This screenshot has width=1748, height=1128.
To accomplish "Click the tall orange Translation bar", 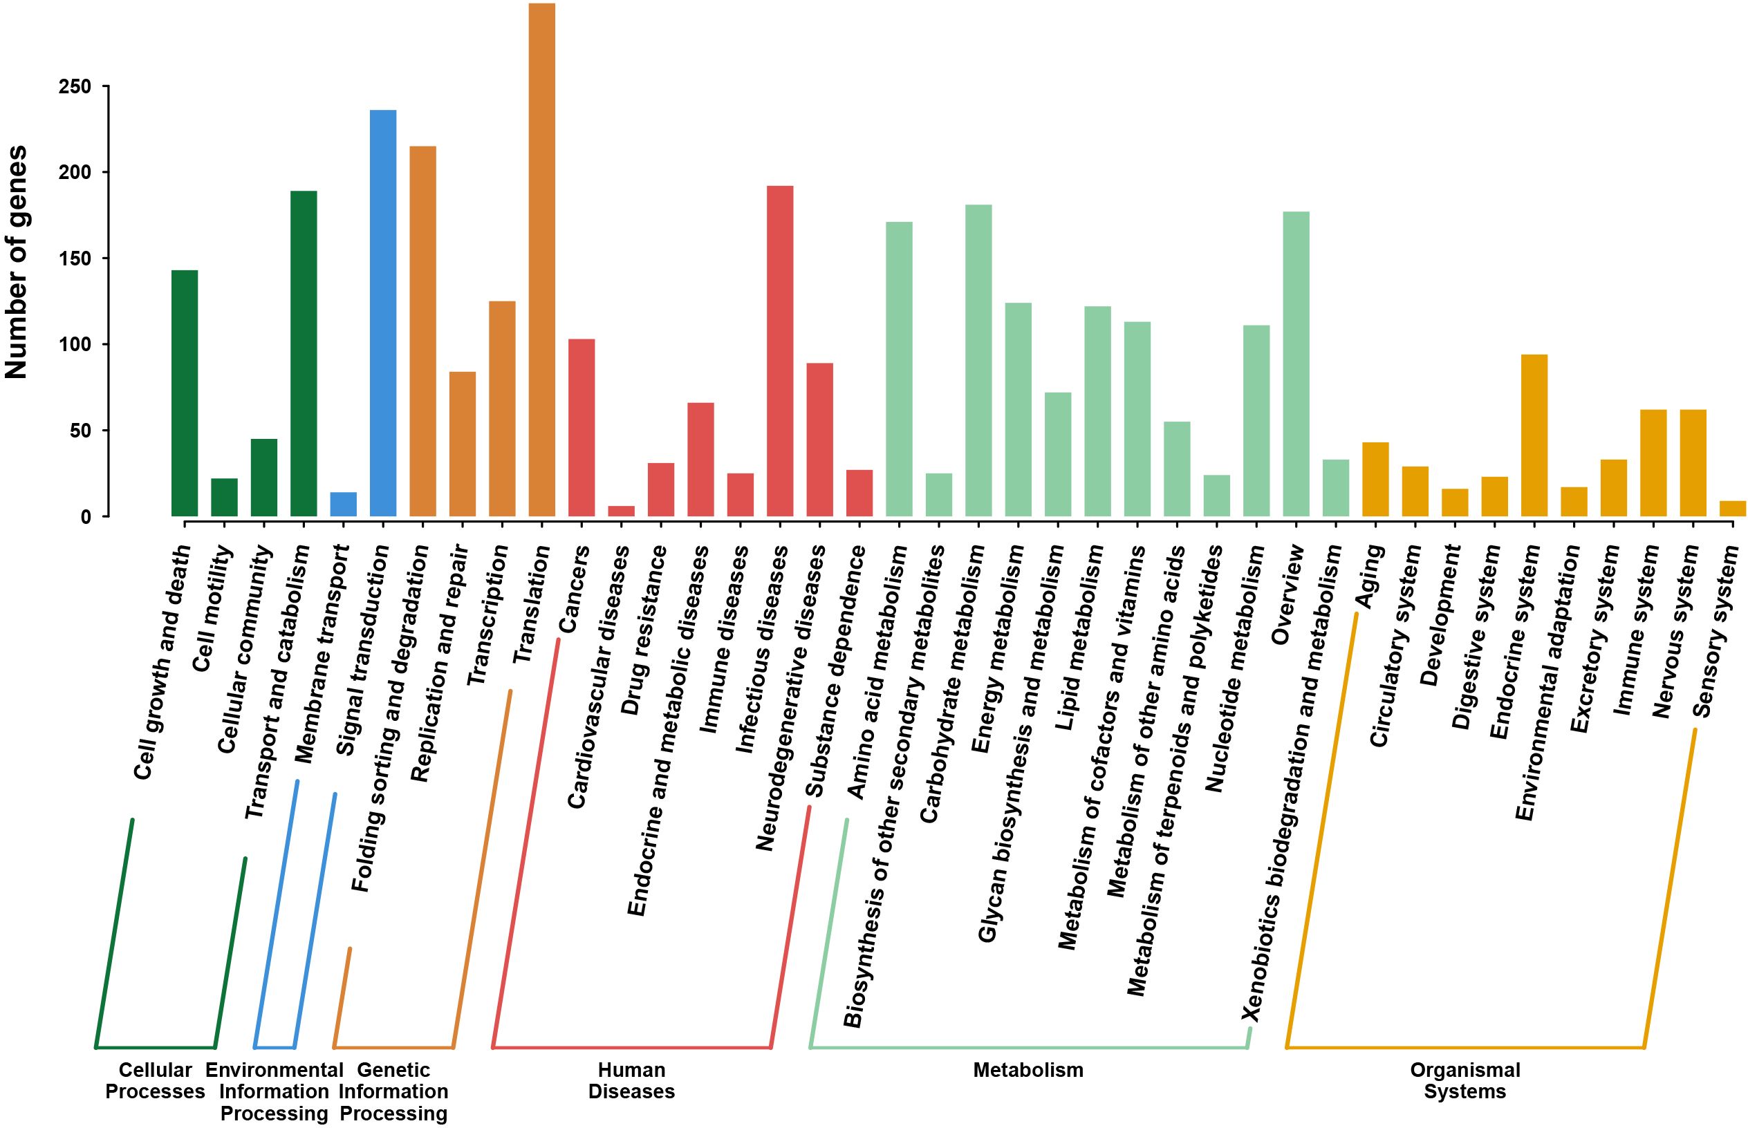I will pyautogui.click(x=541, y=260).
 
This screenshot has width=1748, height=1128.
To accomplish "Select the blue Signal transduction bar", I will pyautogui.click(x=383, y=314).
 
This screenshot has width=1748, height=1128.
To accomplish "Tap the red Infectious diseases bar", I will pyautogui.click(x=779, y=352).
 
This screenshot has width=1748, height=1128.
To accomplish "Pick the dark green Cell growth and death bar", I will pyautogui.click(x=185, y=393).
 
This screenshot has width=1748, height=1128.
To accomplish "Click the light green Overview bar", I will pyautogui.click(x=1296, y=364).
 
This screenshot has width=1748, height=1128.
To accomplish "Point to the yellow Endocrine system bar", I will pyautogui.click(x=1534, y=436).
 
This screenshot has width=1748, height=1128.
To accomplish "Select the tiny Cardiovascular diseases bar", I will pyautogui.click(x=621, y=511).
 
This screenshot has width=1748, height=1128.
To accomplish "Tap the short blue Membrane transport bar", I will pyautogui.click(x=344, y=505).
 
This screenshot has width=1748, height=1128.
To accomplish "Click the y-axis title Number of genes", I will pyautogui.click(x=16, y=262).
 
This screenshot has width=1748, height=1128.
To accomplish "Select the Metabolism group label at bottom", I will pyautogui.click(x=1028, y=1070).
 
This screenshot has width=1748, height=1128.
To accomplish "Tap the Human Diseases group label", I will pyautogui.click(x=631, y=1080).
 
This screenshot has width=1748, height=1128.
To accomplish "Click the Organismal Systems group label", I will pyautogui.click(x=1465, y=1080).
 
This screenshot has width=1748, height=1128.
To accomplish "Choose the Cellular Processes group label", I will pyautogui.click(x=155, y=1080).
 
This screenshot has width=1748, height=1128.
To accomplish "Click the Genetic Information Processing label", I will pyautogui.click(x=393, y=1091).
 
